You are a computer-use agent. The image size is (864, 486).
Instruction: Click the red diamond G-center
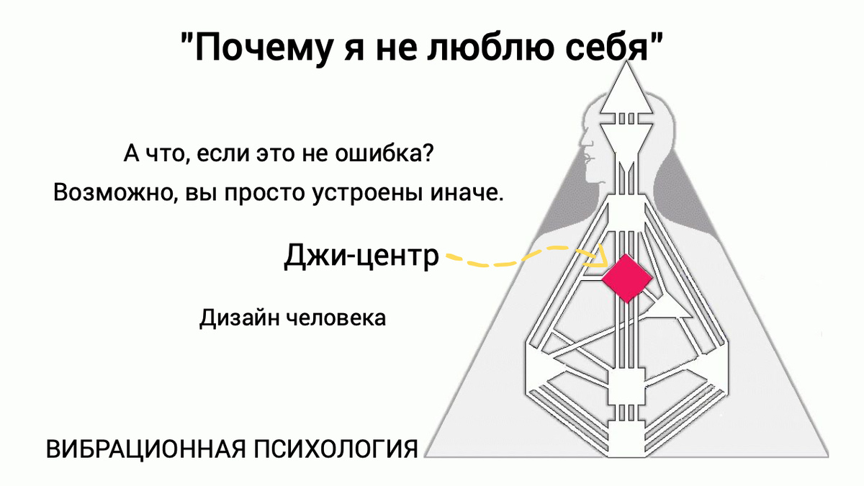[626, 278]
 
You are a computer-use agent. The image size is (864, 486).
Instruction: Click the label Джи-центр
[361, 256]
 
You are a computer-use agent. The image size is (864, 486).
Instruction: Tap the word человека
[336, 318]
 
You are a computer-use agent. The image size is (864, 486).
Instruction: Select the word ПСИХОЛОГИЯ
[336, 449]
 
